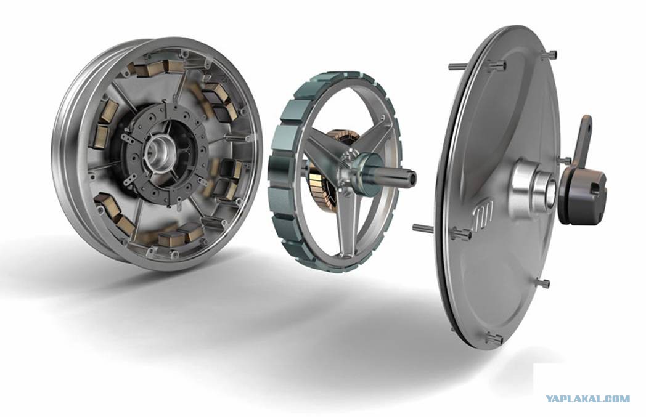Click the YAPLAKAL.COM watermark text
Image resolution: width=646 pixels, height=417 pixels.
(x=588, y=399)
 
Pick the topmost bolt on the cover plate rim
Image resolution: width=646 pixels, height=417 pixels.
(x=552, y=54)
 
